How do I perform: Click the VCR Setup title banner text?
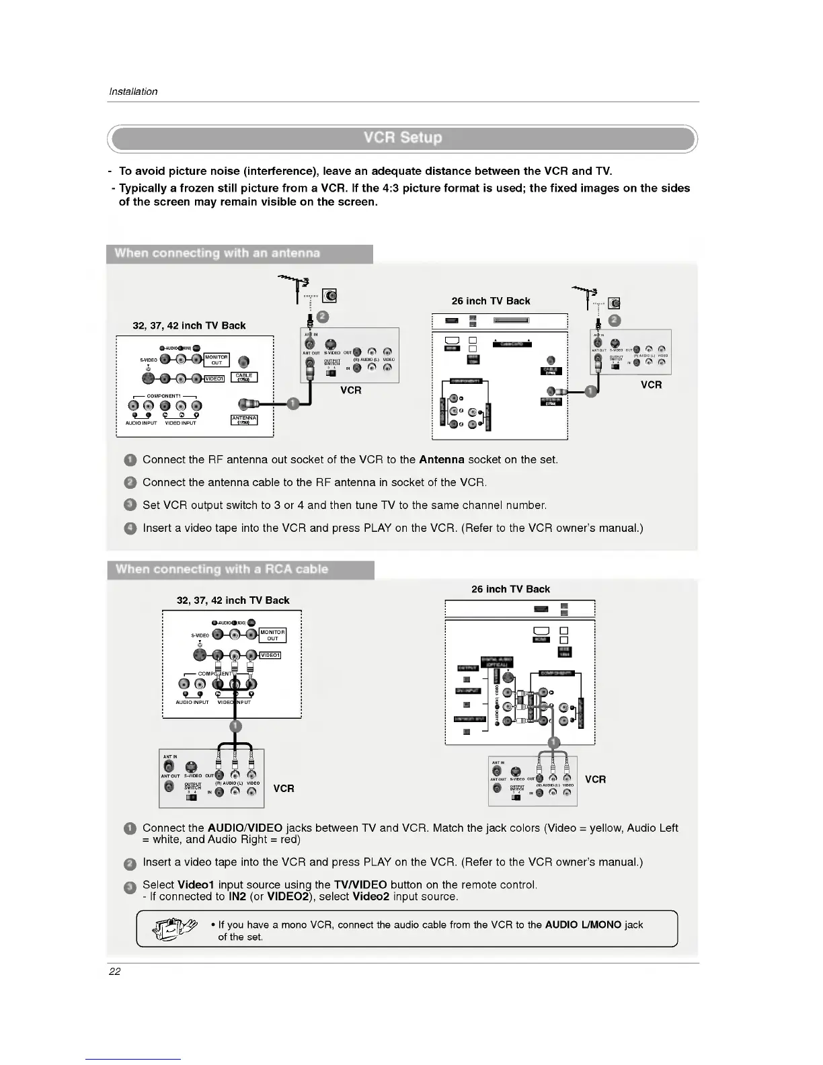403,138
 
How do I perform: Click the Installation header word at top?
133,91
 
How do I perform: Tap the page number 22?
114,971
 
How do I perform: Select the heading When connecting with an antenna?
217,253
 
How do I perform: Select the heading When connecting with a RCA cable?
222,569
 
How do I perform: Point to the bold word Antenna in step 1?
441,460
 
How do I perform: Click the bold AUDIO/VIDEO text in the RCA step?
245,828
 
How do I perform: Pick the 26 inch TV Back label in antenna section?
490,301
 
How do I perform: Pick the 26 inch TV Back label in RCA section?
510,589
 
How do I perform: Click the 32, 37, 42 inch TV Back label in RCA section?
233,600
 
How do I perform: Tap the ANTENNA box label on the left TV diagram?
244,420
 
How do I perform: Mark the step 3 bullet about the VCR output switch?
130,505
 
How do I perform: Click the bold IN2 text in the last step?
237,897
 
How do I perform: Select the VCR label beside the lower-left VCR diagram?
284,788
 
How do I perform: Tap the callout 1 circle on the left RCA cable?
235,726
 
